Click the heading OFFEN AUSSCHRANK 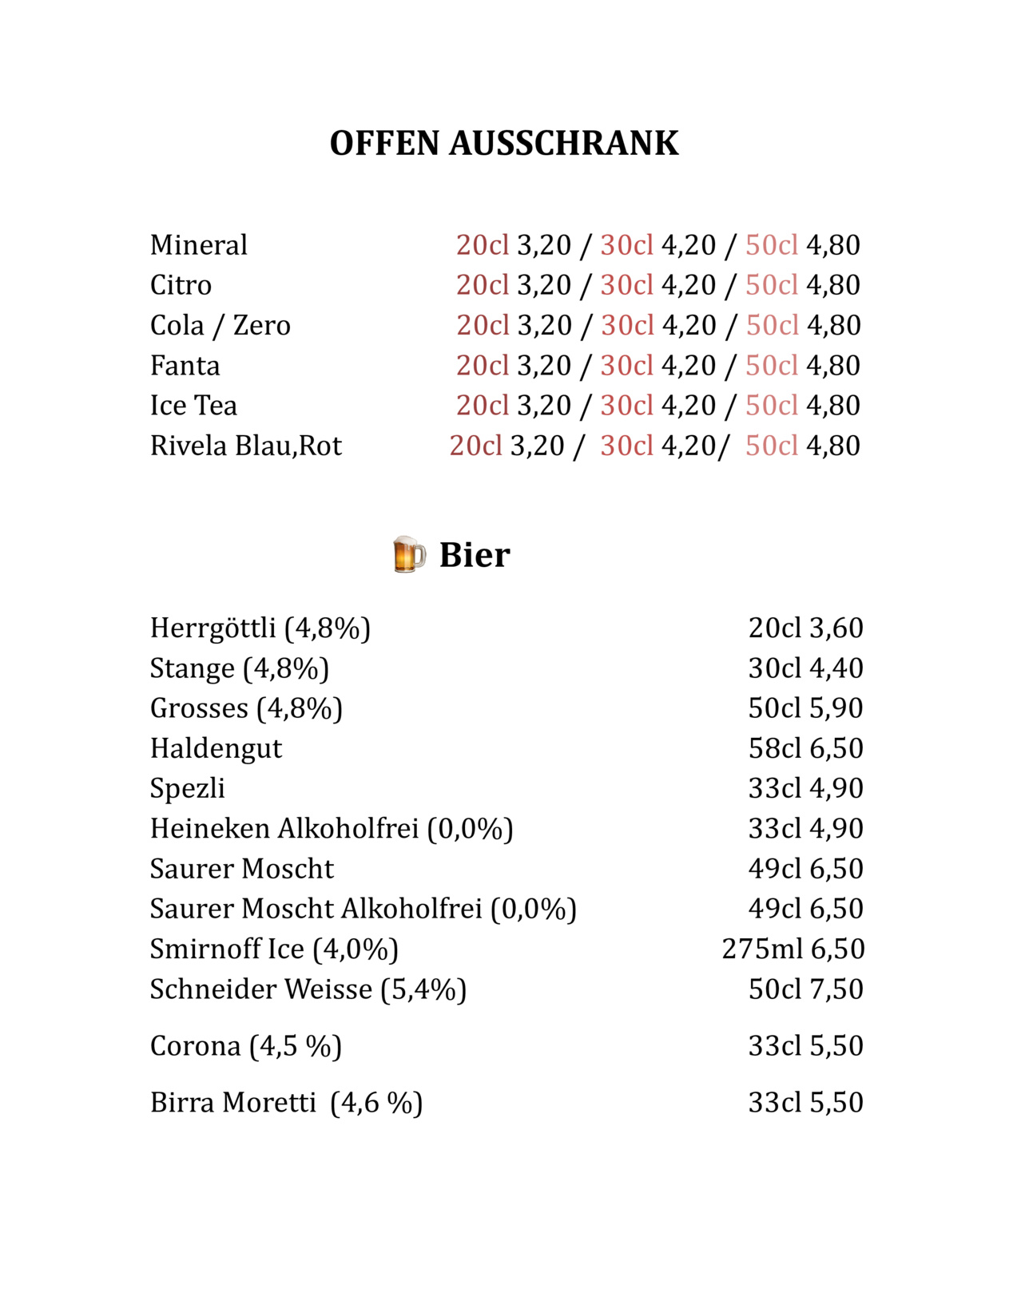pos(504,144)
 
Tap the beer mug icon pos(408,554)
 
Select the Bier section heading pos(475,555)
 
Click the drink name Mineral pos(198,245)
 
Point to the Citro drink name pos(181,285)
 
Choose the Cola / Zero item pos(220,326)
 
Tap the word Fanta pos(185,366)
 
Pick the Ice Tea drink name pos(193,406)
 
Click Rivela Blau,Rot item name pos(245,446)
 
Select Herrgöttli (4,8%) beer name pos(260,628)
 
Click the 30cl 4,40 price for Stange pos(805,668)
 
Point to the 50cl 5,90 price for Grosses pos(805,708)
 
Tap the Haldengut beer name pos(216,749)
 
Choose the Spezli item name pos(187,789)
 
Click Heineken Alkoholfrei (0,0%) pos(332,829)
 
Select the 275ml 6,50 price pos(793,949)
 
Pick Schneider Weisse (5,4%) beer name pos(308,989)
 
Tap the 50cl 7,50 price pos(805,989)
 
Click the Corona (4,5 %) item pos(245,1046)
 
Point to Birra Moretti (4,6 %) pos(286,1103)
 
